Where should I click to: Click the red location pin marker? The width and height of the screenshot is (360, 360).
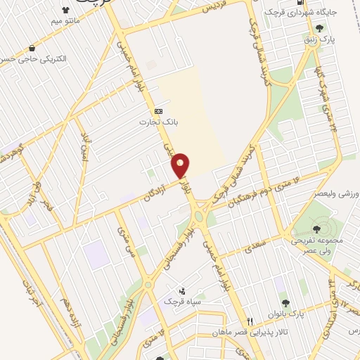pyautogui.click(x=181, y=165)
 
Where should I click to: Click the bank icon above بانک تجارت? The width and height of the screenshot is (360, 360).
pyautogui.click(x=159, y=111)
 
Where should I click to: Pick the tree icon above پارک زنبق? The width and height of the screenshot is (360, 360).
pyautogui.click(x=321, y=28)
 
